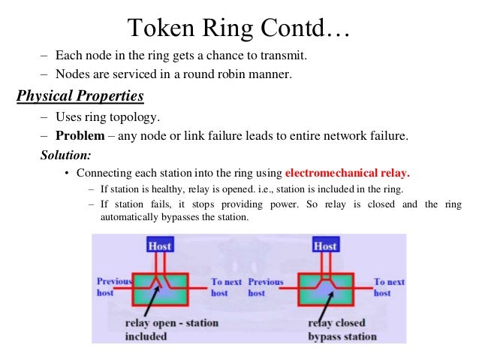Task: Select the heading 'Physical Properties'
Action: coord(80,98)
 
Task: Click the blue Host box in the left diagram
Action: coord(159,246)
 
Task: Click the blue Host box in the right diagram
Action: coord(324,246)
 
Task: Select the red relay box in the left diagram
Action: coord(159,286)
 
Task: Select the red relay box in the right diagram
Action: coord(325,286)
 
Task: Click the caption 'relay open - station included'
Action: coord(172,330)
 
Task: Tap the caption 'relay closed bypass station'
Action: coord(342,330)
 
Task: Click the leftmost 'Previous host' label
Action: coord(113,287)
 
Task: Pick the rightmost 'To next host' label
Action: coord(389,287)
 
